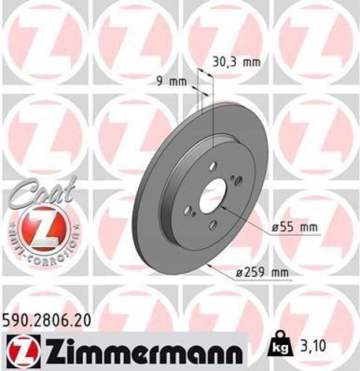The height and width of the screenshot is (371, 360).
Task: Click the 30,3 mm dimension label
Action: click(238, 62)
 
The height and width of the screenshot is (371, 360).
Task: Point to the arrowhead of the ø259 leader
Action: click(210, 261)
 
